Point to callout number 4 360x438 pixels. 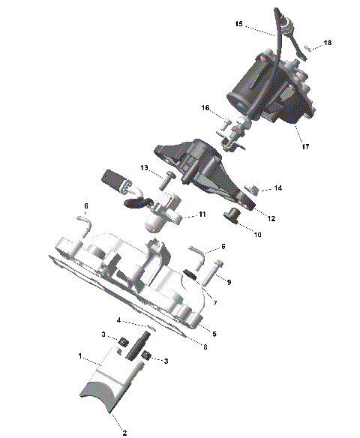118,321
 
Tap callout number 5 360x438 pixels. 214,333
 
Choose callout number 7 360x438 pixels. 215,304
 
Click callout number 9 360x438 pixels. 229,282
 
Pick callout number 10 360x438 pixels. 257,235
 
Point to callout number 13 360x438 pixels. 144,167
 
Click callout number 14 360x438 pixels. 278,187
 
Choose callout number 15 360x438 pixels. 238,25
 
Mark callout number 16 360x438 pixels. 204,109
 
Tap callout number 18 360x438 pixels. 327,43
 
